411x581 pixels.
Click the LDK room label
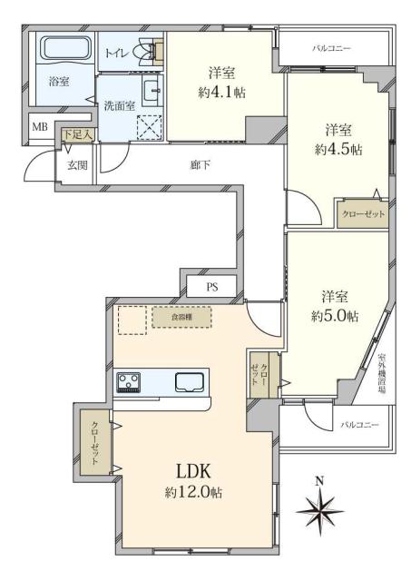(193, 471)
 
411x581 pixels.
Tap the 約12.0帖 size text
(193, 492)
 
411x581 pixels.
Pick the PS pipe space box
(212, 288)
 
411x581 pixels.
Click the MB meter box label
(41, 125)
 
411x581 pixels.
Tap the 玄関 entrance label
(75, 164)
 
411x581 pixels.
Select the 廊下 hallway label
(201, 165)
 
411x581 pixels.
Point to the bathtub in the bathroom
(64, 50)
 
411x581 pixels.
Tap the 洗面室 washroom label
(119, 104)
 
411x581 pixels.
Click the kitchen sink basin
(191, 380)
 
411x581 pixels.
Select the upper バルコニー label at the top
(331, 47)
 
